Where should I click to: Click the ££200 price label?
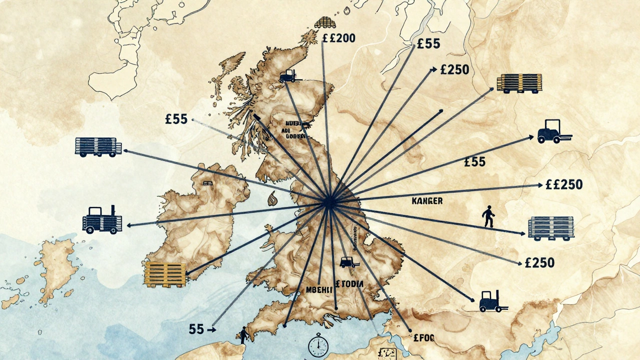click(339, 38)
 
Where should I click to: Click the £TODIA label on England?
click(349, 284)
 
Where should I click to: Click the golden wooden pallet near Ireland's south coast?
click(165, 274)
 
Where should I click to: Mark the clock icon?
click(317, 345)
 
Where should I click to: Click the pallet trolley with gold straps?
click(519, 83)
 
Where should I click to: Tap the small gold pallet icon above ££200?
click(324, 22)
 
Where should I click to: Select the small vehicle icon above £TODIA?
click(346, 261)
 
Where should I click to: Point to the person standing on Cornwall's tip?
click(243, 335)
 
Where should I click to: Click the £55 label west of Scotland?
click(175, 119)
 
